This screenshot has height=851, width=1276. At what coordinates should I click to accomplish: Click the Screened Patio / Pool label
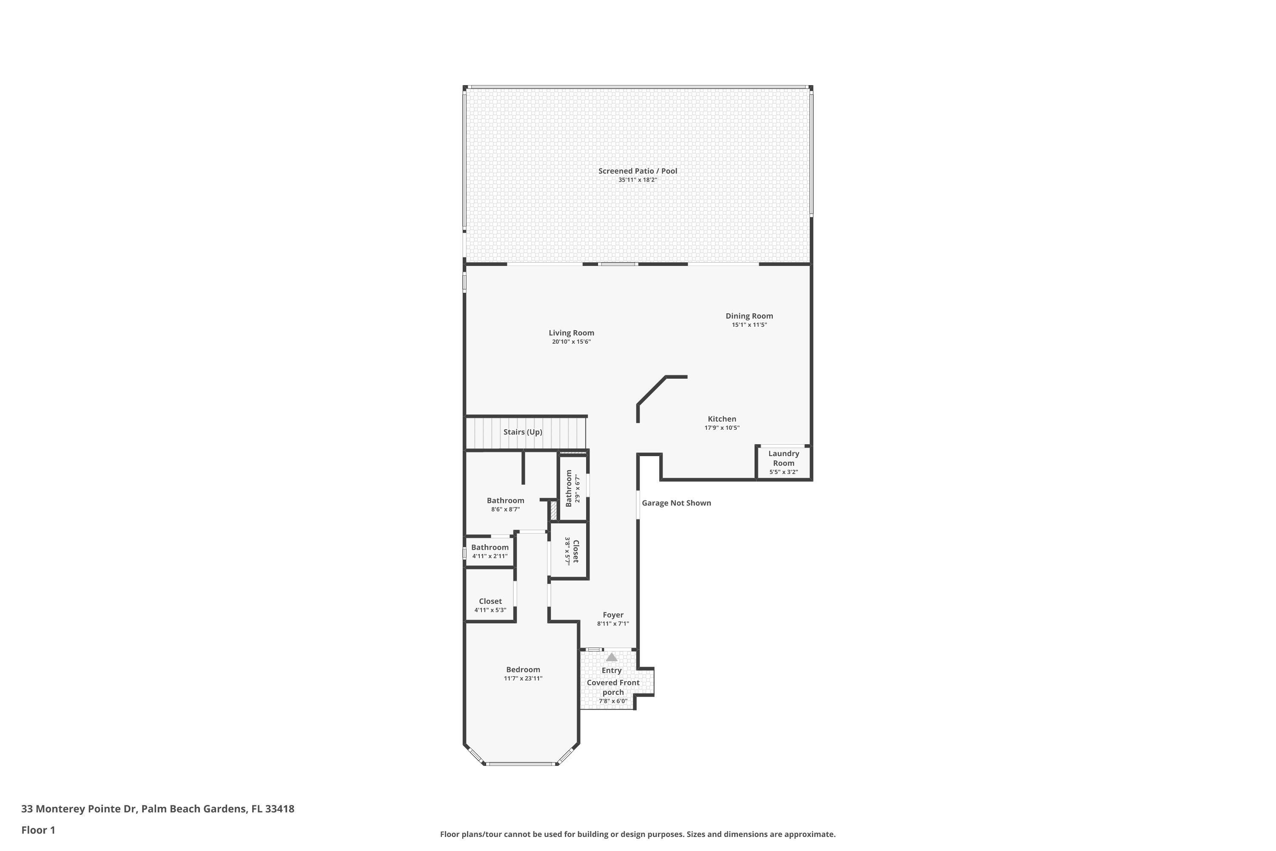point(638,171)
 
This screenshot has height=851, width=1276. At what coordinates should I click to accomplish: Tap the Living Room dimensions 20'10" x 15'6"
point(571,342)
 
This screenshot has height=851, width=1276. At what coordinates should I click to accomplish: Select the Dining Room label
point(749,316)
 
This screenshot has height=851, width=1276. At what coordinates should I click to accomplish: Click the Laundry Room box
point(783,463)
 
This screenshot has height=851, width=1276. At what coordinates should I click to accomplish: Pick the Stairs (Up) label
point(522,432)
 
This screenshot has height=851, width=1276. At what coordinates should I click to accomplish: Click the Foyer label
point(613,615)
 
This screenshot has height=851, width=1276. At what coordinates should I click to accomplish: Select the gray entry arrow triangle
point(612,657)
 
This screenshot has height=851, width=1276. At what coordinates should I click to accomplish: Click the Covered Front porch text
point(613,687)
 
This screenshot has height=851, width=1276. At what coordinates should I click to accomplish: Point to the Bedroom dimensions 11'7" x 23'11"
point(523,678)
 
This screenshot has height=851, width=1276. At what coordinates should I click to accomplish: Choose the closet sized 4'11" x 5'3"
point(490,605)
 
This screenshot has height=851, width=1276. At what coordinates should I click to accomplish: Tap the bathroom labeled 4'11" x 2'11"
point(490,551)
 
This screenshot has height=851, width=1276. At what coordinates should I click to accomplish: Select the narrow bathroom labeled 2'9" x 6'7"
point(572,488)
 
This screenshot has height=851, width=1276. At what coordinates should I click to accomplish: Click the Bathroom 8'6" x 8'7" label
point(505,501)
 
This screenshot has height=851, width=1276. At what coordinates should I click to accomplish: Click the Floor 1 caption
point(38,830)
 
